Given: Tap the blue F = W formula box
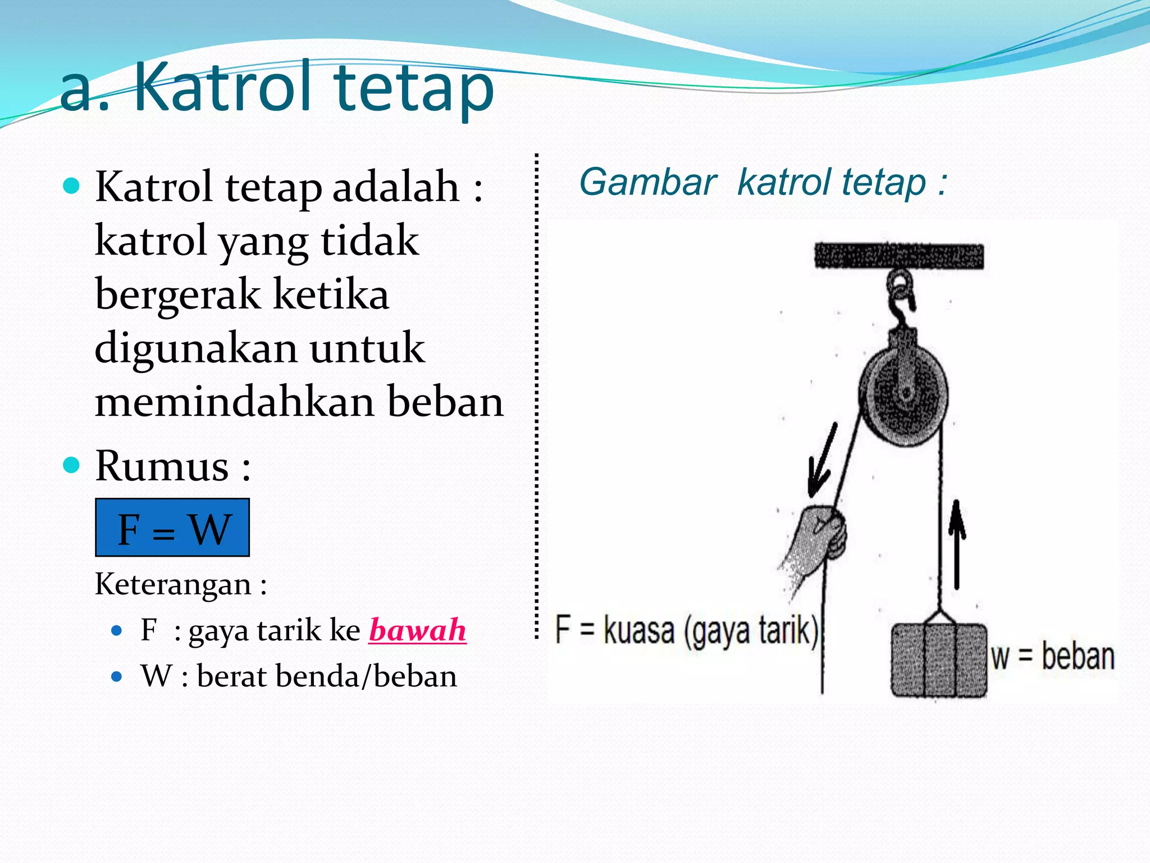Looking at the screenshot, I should [x=172, y=528].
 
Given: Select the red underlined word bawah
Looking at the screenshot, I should [x=417, y=630].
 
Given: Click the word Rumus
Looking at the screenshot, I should [x=162, y=466].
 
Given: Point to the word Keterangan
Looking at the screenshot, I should [x=173, y=584].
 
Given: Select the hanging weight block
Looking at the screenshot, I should [x=939, y=660].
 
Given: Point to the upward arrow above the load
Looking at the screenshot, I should [x=957, y=542].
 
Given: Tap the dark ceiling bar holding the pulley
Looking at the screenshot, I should [x=899, y=256].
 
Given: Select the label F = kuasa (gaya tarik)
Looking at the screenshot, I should [x=686, y=630].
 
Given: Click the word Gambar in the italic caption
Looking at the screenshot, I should [x=647, y=183].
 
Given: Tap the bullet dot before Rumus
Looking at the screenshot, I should [x=71, y=465].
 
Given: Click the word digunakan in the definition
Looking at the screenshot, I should [x=195, y=348].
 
